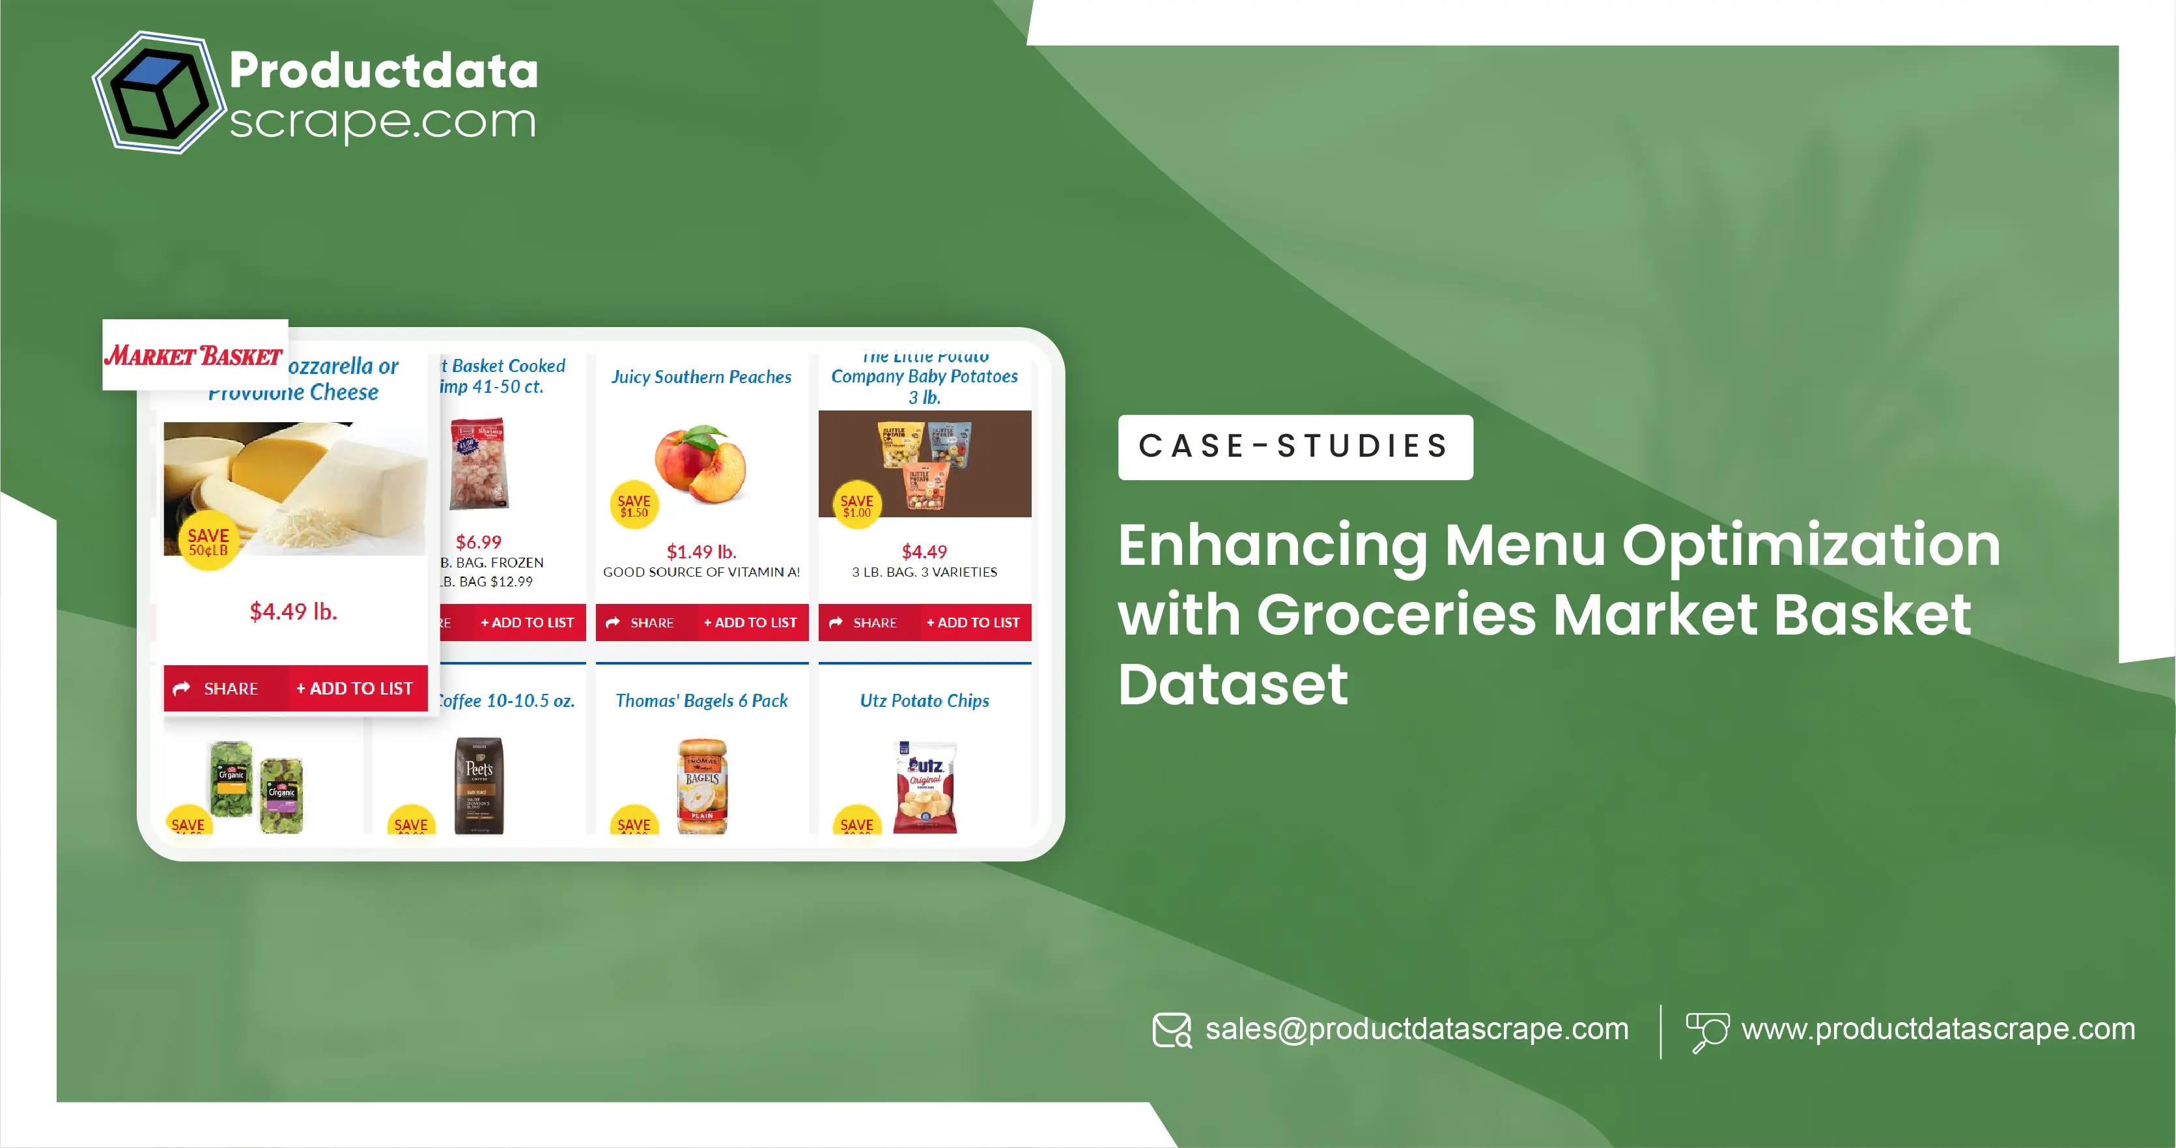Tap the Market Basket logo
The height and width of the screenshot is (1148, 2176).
tap(194, 356)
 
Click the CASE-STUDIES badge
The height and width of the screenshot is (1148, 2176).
tap(1295, 447)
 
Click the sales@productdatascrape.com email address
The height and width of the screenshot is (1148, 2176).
tap(1416, 1029)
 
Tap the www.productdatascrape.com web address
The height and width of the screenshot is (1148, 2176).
tap(1938, 1029)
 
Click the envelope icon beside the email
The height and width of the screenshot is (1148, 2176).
tap(1172, 1031)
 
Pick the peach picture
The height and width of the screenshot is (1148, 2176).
tap(701, 464)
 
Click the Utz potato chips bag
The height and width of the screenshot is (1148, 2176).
tap(925, 786)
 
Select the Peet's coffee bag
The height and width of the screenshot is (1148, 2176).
tap(479, 786)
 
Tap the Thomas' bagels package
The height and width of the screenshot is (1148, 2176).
tap(702, 786)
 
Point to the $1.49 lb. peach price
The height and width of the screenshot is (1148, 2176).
tap(701, 552)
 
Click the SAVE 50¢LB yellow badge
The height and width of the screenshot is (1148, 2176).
tap(208, 541)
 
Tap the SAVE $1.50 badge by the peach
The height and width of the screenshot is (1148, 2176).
tap(634, 505)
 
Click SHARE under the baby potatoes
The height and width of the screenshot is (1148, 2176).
tap(864, 623)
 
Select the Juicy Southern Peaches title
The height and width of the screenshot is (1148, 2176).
tap(701, 377)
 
